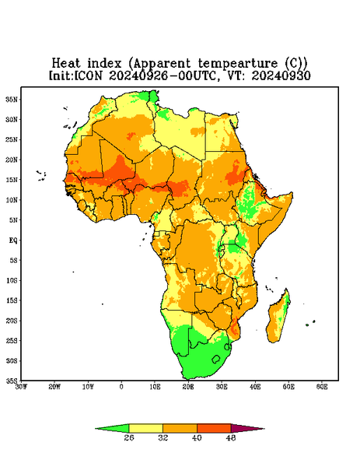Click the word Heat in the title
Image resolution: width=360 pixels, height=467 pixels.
66,64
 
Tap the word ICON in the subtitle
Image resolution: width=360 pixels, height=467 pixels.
88,75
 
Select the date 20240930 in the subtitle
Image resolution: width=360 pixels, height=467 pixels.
281,75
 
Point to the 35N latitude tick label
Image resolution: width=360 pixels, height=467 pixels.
12,99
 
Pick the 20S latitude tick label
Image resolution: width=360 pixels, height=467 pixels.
12,321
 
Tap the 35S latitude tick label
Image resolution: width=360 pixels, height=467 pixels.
12,381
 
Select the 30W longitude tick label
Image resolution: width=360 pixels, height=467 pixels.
21,387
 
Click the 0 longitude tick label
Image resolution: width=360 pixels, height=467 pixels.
121,387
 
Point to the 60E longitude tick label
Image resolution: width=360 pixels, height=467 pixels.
322,387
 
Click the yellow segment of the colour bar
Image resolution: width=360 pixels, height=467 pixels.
145,428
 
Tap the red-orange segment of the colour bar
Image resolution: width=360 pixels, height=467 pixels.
214,428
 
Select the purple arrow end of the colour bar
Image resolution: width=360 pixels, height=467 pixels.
244,428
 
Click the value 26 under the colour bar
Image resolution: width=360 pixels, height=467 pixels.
129,437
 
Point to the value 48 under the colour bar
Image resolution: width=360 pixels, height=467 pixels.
231,437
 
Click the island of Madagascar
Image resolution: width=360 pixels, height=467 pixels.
278,318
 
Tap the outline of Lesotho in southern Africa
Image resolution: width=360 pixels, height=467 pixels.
216,359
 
